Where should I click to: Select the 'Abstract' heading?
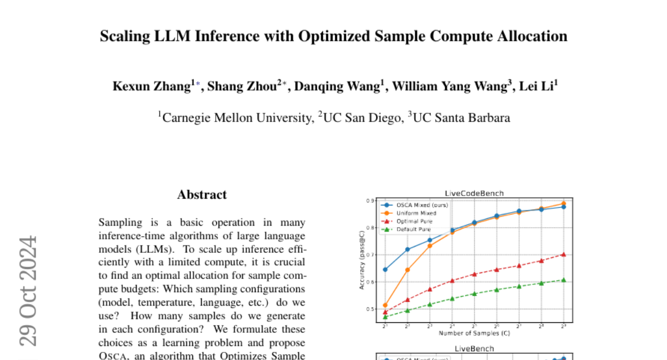[202, 194]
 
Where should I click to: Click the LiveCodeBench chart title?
[474, 193]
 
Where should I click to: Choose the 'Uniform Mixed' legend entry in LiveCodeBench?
[416, 213]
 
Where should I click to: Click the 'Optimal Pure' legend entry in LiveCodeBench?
[415, 221]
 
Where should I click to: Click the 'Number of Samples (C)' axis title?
[474, 333]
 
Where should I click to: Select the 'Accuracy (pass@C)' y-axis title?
[362, 261]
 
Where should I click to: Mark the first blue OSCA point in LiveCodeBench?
[385, 269]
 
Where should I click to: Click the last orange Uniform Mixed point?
[564, 203]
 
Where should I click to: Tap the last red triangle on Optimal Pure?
[564, 254]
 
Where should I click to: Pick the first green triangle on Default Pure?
[385, 317]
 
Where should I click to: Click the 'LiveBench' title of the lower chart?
[474, 348]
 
